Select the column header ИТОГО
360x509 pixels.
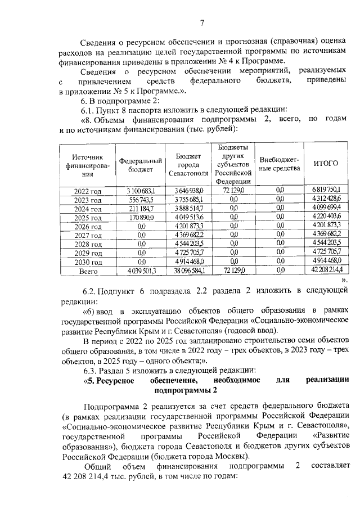(325, 164)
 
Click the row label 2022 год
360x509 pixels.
(87, 192)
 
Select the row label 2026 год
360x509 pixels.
(87, 227)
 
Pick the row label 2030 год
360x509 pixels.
(87, 262)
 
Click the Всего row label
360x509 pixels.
(87, 271)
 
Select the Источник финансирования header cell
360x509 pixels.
(87, 164)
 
